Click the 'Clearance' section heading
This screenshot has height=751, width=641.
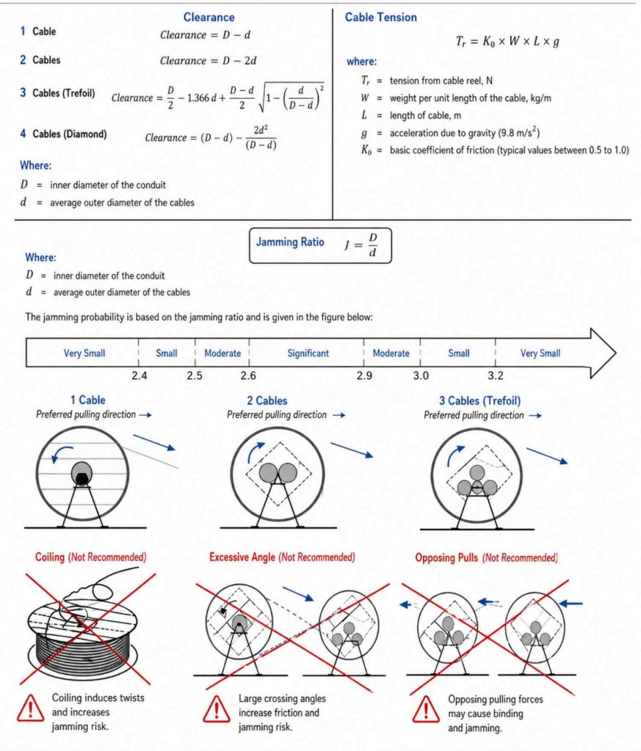(209, 18)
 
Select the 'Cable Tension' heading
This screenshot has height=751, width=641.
(380, 18)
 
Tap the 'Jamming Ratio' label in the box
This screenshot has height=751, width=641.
(290, 242)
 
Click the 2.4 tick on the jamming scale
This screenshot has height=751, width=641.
(140, 375)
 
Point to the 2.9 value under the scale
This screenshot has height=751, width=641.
(364, 375)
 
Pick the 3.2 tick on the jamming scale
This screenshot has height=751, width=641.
(496, 375)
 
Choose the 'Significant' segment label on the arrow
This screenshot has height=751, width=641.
(308, 353)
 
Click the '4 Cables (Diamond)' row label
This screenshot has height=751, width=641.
(63, 133)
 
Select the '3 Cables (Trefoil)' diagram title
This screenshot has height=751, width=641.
(480, 400)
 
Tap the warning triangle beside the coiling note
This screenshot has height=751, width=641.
(30, 708)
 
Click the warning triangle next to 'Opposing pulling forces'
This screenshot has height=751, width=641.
(426, 709)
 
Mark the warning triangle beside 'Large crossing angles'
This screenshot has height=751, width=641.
(216, 709)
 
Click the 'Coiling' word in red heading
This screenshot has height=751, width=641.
(50, 557)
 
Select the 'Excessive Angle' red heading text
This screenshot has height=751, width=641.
(242, 557)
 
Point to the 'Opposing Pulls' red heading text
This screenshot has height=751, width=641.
(446, 557)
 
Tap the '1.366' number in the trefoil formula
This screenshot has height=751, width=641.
(198, 98)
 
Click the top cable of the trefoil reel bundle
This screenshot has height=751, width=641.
(477, 473)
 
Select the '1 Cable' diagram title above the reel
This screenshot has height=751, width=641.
(87, 400)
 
